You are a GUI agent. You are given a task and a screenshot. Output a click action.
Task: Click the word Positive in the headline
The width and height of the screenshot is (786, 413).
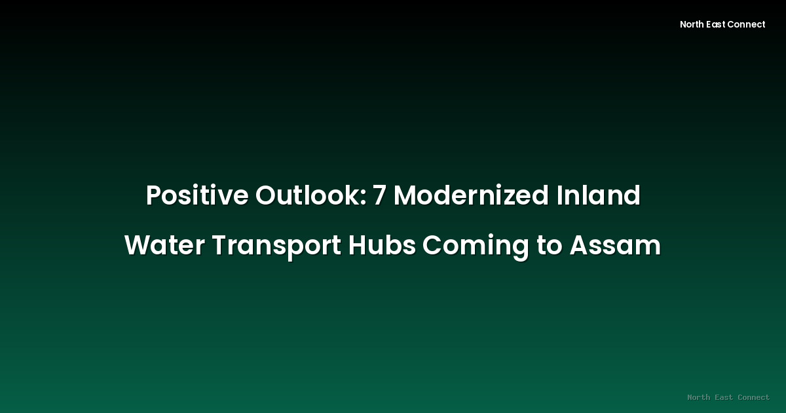click(x=196, y=195)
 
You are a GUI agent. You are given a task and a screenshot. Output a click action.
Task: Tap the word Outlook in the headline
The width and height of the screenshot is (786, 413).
click(x=308, y=195)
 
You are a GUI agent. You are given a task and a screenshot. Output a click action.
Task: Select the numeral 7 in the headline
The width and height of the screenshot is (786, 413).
click(x=379, y=195)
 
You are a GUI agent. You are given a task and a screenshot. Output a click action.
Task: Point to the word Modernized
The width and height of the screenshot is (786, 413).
click(x=470, y=195)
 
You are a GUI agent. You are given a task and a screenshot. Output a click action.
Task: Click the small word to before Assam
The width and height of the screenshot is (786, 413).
click(x=550, y=246)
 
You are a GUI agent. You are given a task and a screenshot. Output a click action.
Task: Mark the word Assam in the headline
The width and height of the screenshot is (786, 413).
click(x=615, y=246)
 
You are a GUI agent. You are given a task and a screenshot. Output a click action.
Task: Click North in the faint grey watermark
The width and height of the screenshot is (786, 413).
click(x=699, y=397)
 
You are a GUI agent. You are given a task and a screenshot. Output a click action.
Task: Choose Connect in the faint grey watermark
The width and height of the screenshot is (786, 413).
click(x=754, y=397)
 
